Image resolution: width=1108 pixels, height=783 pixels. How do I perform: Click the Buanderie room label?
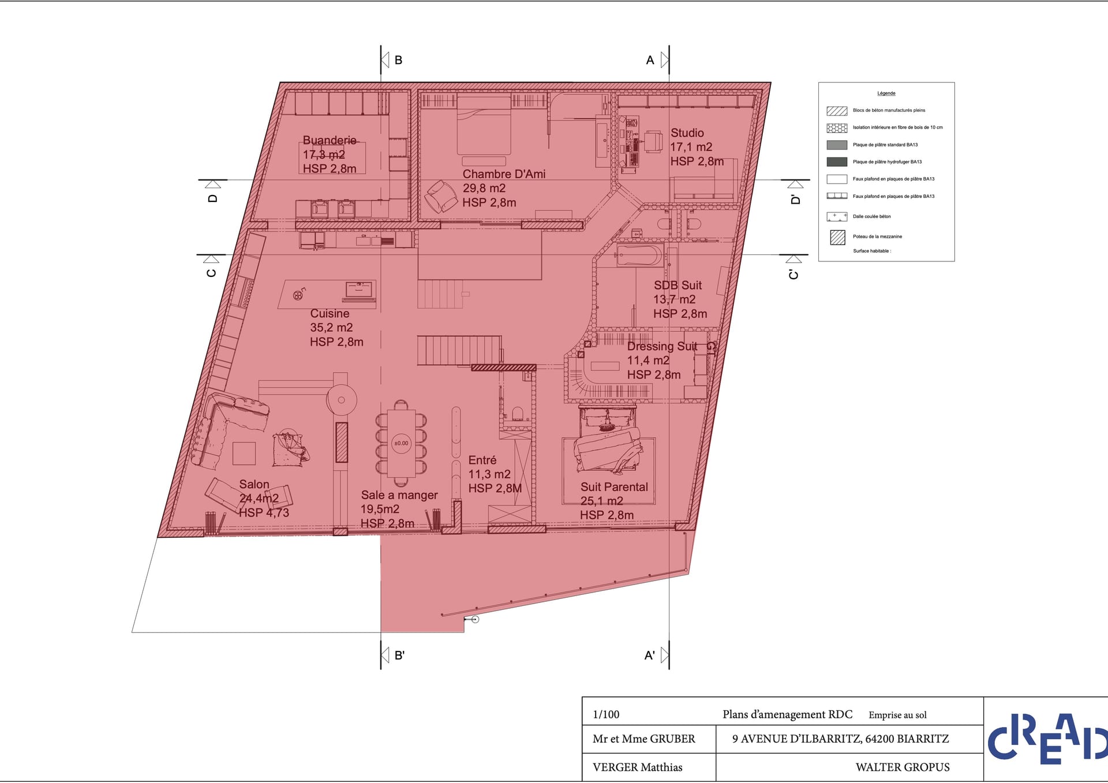[x=330, y=140]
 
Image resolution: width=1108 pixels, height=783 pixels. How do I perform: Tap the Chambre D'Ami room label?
[x=504, y=174]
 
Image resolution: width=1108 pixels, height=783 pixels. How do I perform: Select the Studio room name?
[x=687, y=133]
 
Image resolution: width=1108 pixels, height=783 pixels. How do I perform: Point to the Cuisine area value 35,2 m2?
[x=331, y=328]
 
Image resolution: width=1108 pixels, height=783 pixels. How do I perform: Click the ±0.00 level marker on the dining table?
[x=401, y=443]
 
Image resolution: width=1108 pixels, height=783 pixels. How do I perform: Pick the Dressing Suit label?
[x=662, y=346]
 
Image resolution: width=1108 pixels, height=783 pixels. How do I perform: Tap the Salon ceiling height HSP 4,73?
[x=264, y=512]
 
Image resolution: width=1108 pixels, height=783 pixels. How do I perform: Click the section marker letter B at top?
[x=398, y=60]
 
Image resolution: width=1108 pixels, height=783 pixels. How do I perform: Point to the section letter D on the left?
[x=213, y=198]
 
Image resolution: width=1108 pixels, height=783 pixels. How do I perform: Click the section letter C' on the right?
[x=793, y=275]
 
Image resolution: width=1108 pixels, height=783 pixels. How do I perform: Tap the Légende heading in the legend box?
[x=886, y=93]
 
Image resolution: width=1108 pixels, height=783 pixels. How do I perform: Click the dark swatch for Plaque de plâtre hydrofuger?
[x=837, y=162]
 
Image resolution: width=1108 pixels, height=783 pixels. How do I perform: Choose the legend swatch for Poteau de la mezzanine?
[x=837, y=237]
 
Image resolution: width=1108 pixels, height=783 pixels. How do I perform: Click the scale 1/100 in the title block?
[x=606, y=714]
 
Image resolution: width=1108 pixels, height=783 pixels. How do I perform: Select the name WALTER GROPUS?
[x=903, y=767]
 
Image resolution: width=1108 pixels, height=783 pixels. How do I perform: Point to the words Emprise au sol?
[x=897, y=715]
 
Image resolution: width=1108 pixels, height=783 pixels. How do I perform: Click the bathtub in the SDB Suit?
[x=640, y=256]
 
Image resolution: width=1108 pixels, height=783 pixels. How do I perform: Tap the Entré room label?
[x=482, y=460]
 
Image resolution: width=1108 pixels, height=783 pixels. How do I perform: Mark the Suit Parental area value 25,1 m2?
[x=601, y=501]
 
